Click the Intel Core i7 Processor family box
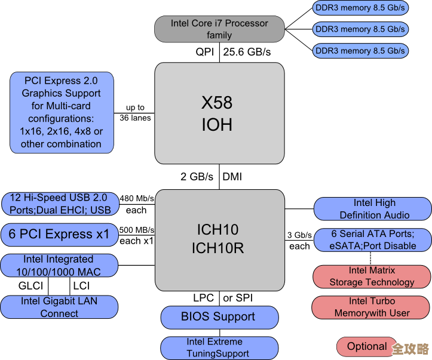point(219,29)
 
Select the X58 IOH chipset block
point(219,113)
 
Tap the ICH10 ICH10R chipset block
point(219,239)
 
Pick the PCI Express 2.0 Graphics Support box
point(61,112)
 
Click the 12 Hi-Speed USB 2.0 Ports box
point(60,204)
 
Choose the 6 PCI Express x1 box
point(59,234)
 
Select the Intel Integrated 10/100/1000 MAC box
point(59,266)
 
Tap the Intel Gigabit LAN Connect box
point(59,307)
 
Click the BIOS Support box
point(219,317)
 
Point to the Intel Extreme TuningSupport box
point(219,347)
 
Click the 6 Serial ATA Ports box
point(373,240)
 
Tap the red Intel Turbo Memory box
point(372,307)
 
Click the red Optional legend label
point(367,346)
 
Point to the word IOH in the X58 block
point(216,125)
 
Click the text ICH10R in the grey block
point(217,248)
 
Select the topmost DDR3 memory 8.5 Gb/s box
point(360,8)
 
